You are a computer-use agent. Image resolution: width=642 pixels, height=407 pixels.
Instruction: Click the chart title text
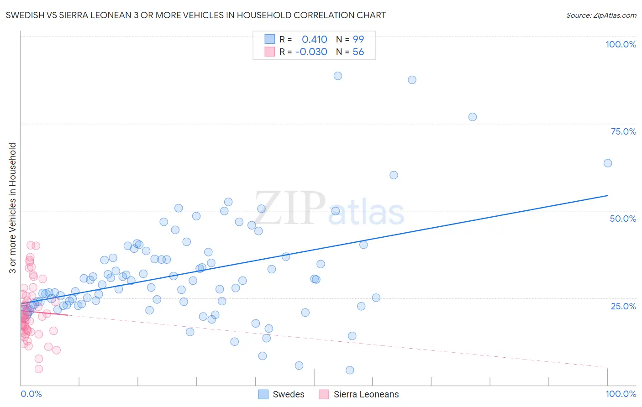click(x=196, y=15)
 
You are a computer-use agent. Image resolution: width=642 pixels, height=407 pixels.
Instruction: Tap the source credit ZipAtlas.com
click(x=601, y=15)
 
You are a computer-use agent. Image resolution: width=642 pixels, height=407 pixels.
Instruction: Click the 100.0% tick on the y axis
click(x=621, y=44)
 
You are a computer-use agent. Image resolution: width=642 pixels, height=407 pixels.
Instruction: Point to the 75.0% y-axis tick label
click(x=623, y=131)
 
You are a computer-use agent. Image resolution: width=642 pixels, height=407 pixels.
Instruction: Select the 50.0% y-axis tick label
click(x=623, y=219)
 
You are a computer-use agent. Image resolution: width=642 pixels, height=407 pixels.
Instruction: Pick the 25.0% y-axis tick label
click(x=623, y=306)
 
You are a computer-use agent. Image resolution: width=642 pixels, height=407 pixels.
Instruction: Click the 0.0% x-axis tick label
click(x=31, y=394)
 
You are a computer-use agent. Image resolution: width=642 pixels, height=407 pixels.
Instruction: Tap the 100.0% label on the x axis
click(x=621, y=394)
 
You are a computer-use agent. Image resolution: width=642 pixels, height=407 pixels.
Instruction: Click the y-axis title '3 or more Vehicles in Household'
click(x=12, y=208)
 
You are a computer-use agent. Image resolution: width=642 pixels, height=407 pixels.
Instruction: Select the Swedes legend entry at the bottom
click(x=281, y=394)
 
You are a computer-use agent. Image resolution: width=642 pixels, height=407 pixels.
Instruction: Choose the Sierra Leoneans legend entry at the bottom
click(x=359, y=394)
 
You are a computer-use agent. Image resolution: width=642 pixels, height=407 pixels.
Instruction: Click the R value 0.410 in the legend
click(x=314, y=39)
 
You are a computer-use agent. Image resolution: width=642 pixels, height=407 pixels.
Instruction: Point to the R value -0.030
click(x=311, y=52)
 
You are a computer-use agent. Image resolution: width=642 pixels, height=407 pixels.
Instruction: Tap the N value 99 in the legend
click(x=358, y=39)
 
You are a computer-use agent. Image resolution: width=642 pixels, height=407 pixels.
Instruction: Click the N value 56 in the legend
click(x=358, y=52)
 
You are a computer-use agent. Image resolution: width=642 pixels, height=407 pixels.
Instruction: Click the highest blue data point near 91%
click(x=338, y=76)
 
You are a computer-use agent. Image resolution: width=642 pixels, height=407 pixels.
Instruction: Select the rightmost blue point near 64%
click(x=608, y=163)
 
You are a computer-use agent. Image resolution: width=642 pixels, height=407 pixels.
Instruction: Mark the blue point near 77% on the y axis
click(x=473, y=117)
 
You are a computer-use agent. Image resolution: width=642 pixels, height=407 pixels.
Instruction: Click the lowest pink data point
click(x=39, y=369)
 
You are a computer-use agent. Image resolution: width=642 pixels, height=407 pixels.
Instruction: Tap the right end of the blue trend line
click(x=608, y=195)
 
